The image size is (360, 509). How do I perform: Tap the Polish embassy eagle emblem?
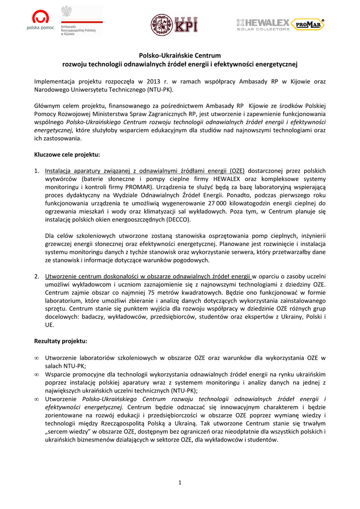pos(66,11)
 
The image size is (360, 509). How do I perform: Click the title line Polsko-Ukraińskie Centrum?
pos(179,56)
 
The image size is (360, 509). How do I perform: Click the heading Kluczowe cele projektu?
pos(67,155)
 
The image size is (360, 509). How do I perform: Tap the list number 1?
pos(36,170)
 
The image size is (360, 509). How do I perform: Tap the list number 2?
pos(36,276)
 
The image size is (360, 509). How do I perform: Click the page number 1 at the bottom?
pos(180,482)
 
